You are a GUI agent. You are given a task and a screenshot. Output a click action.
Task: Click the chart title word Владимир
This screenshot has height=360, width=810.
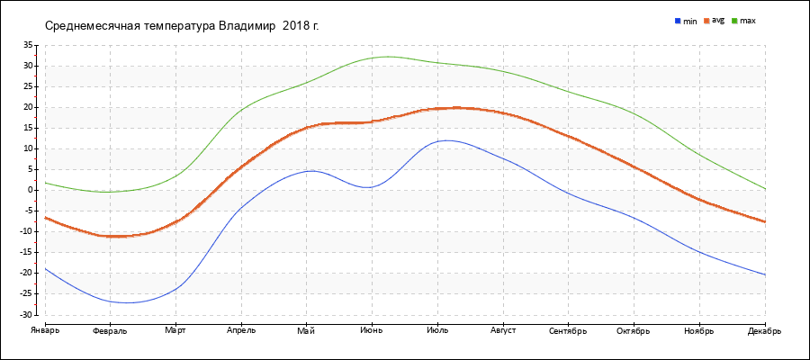[x=247, y=25]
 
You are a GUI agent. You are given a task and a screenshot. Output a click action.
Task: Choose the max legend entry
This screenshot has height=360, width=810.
[x=747, y=21]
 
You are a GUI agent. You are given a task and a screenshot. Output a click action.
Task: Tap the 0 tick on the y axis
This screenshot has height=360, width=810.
[x=30, y=190]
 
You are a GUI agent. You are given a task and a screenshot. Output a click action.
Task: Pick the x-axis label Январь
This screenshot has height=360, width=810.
[x=44, y=331]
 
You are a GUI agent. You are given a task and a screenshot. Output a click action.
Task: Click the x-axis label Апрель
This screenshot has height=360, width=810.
[x=240, y=331]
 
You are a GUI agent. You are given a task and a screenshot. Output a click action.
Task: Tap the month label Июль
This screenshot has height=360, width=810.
[x=437, y=331]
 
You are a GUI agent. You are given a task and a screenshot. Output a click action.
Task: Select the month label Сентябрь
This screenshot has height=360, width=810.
[x=568, y=331]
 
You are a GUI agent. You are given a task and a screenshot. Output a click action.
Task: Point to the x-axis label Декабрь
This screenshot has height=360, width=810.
[x=764, y=331]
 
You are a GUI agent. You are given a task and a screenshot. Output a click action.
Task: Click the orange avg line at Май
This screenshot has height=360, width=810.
[x=307, y=127]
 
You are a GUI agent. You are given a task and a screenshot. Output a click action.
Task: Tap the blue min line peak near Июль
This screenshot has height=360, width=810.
[x=445, y=139]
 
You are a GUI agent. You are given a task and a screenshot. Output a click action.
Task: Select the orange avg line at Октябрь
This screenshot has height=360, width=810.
[x=634, y=167]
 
